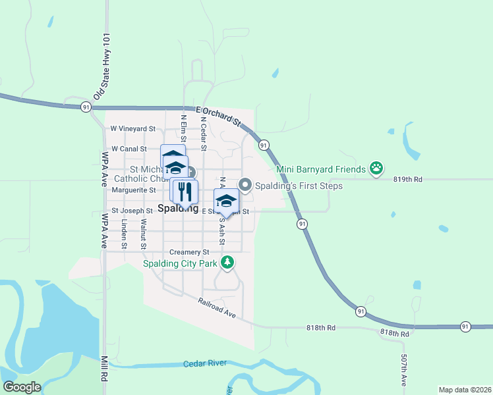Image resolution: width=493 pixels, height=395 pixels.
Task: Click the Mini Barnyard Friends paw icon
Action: (x=376, y=169)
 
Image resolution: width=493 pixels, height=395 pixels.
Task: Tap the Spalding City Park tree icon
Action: (x=227, y=263)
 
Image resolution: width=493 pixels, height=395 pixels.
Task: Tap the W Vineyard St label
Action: (x=132, y=129)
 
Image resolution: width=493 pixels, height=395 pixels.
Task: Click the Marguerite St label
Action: (x=134, y=190)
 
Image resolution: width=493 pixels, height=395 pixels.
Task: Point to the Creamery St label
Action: (x=188, y=252)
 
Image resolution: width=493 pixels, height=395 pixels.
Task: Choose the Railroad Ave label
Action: (x=217, y=308)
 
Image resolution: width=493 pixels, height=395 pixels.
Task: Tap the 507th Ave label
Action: (x=403, y=371)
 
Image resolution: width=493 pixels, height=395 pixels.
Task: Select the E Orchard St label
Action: (x=219, y=116)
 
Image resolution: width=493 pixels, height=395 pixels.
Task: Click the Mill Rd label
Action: (x=104, y=369)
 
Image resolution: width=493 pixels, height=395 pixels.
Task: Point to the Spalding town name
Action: (x=179, y=209)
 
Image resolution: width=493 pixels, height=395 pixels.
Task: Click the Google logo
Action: (x=22, y=387)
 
